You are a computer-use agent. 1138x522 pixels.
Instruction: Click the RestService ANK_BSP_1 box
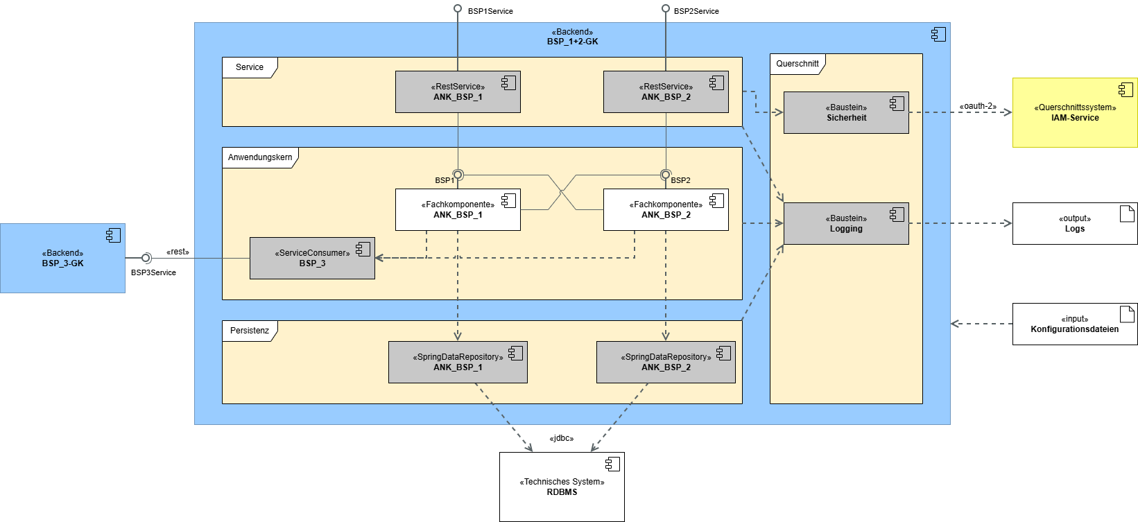tap(458, 92)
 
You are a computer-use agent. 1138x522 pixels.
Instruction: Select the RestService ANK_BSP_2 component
tap(666, 92)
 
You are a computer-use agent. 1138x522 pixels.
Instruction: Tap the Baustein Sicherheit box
tap(846, 113)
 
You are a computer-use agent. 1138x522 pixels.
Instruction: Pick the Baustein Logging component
tap(846, 224)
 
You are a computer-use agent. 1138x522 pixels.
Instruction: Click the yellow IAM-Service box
tap(1075, 113)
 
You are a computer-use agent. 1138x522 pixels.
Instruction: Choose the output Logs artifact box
tap(1075, 224)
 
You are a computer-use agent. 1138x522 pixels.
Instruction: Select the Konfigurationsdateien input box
tap(1075, 324)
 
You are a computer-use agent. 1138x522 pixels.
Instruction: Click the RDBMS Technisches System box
tap(562, 487)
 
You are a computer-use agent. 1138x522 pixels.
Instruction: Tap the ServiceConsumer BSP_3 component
tap(312, 259)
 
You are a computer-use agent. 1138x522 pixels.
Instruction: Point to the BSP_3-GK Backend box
tap(62, 259)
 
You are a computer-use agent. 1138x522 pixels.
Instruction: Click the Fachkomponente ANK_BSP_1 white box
tap(458, 210)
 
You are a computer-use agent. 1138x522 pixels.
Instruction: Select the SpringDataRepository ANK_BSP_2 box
tap(666, 363)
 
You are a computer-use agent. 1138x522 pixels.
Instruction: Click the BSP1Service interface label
tap(490, 11)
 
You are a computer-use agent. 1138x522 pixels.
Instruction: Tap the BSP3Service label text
tap(153, 272)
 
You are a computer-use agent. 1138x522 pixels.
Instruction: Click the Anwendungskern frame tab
tap(260, 157)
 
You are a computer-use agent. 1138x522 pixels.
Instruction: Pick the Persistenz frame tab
tap(250, 331)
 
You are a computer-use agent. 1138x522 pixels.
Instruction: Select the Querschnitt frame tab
tap(798, 64)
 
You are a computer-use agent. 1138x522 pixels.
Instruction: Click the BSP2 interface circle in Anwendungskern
tap(666, 175)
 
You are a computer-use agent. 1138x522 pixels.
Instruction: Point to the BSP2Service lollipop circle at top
tap(666, 9)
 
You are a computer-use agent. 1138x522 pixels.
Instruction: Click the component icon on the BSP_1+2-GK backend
tap(938, 34)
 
